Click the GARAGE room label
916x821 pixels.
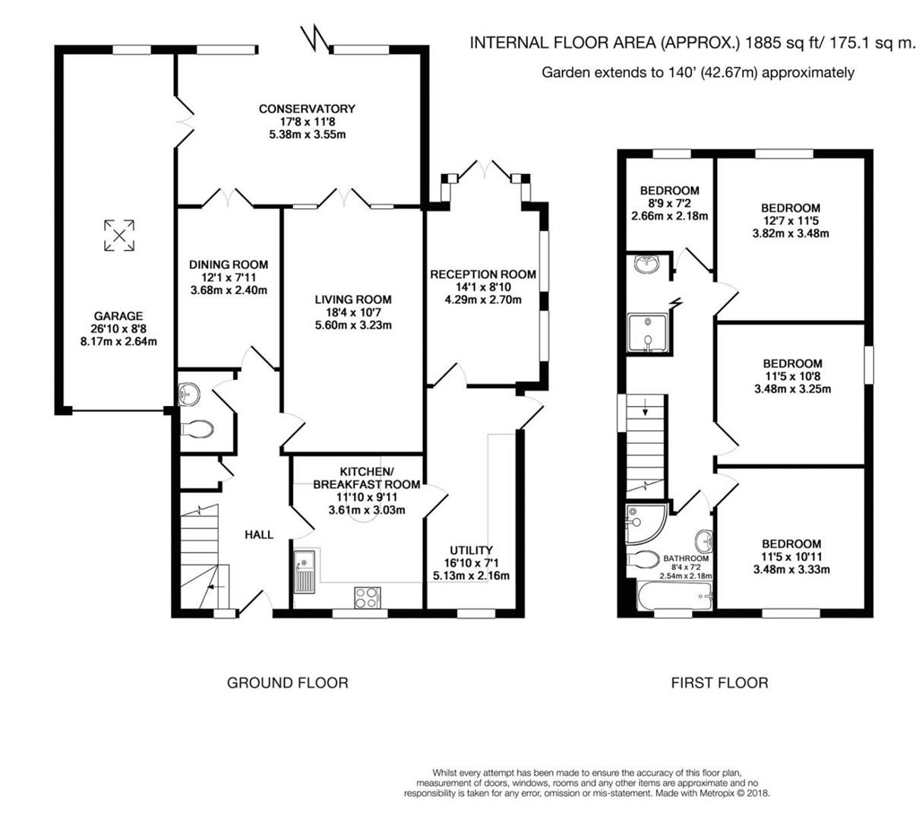point(118,316)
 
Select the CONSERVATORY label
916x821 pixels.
point(307,109)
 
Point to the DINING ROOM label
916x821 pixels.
point(229,265)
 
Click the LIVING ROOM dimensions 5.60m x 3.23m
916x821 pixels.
point(353,326)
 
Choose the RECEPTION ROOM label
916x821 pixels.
point(483,274)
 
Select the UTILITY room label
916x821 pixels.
point(471,550)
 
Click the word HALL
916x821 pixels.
point(259,534)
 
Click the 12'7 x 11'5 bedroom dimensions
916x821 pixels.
point(791,220)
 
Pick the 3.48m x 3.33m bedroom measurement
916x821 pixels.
point(791,569)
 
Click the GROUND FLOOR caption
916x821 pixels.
point(288,683)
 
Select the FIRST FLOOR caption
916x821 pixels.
point(719,683)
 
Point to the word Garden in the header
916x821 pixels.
point(564,73)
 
